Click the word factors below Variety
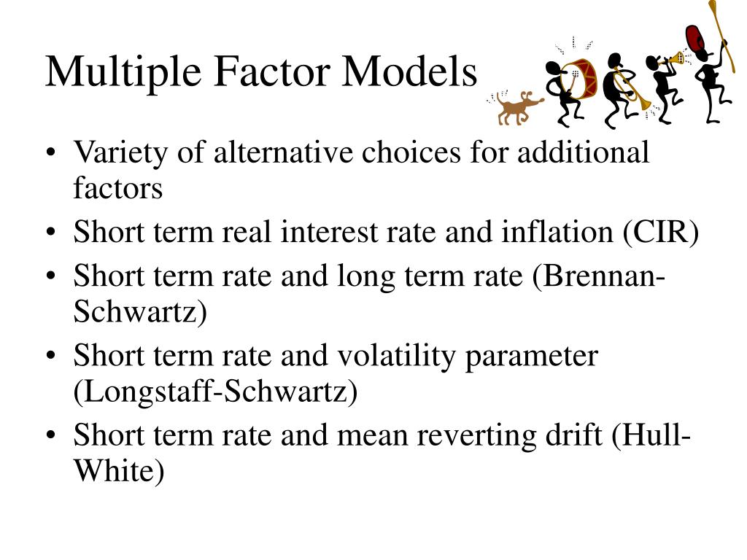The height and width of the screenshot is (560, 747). click(117, 188)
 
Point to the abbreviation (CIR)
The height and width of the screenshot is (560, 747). click(661, 233)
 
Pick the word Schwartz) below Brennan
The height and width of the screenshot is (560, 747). click(140, 313)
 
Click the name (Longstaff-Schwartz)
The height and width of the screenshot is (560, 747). click(215, 392)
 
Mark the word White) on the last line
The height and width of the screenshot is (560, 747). click(118, 472)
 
